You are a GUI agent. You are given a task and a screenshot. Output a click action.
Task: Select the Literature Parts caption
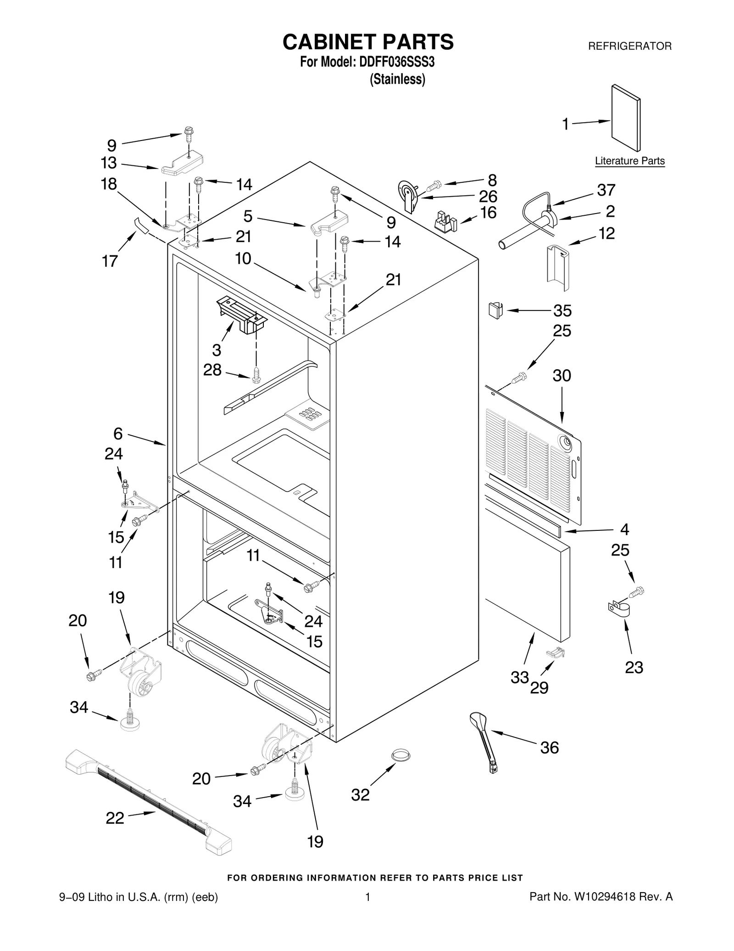point(629,161)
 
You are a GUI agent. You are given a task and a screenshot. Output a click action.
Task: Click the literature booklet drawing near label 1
point(626,118)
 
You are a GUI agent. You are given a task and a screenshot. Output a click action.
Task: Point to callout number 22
point(115,818)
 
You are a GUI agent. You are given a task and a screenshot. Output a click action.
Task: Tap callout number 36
point(549,748)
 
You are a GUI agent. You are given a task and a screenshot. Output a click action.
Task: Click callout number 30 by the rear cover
point(562,376)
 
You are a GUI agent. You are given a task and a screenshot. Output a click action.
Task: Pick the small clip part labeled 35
point(495,310)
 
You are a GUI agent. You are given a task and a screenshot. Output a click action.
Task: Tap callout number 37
point(606,190)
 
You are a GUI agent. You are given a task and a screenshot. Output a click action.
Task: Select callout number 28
point(212,370)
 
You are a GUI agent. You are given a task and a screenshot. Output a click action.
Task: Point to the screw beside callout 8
point(433,186)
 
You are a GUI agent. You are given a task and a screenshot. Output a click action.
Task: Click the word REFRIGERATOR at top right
point(629,46)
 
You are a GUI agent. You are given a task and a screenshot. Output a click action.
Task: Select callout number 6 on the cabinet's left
point(118,433)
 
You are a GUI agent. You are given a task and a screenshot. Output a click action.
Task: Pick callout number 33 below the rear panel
point(520,677)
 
